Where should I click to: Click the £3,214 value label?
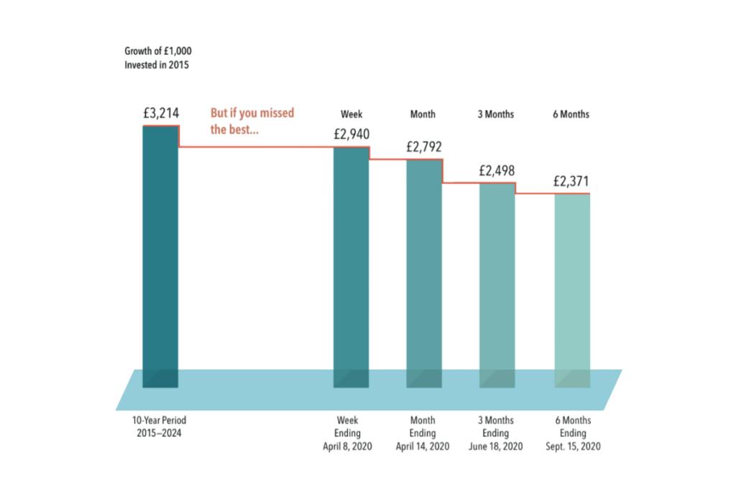click(x=160, y=112)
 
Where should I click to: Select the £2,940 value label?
click(x=351, y=134)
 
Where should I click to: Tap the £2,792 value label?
click(x=424, y=147)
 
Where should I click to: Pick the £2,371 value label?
click(x=571, y=181)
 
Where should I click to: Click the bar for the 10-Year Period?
click(x=160, y=252)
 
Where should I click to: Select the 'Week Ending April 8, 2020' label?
click(x=351, y=433)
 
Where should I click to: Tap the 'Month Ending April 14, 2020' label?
click(x=423, y=433)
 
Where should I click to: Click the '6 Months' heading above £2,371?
click(x=571, y=114)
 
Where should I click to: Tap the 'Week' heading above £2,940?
click(x=351, y=114)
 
